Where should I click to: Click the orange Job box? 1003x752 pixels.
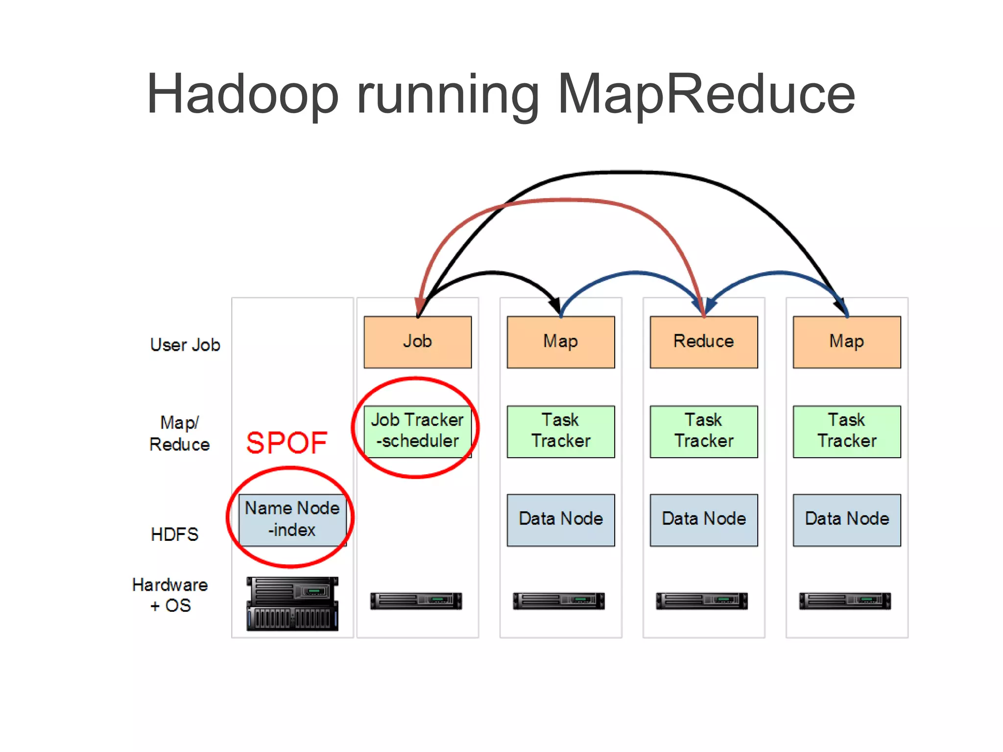(x=417, y=342)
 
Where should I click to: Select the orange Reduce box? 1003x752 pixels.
(x=703, y=342)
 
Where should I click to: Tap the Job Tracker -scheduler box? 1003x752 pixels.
(x=417, y=431)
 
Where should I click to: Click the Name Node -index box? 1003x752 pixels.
(x=292, y=520)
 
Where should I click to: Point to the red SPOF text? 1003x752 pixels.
(x=287, y=443)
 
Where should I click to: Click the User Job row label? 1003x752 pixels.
(x=185, y=345)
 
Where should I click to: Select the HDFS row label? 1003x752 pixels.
(x=174, y=534)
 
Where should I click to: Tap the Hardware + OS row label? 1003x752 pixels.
(x=170, y=595)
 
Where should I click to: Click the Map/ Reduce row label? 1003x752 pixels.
(x=179, y=434)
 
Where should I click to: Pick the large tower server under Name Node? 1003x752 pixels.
(x=292, y=604)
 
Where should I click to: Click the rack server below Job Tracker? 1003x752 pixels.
(x=416, y=601)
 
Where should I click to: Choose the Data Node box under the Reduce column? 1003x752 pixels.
(x=703, y=520)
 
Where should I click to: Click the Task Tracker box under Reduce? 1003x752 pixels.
(x=703, y=431)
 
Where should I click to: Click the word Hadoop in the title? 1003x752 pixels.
(x=242, y=94)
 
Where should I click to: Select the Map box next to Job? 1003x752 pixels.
(x=560, y=342)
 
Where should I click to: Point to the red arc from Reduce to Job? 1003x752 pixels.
(x=563, y=200)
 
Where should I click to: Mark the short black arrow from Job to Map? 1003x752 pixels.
(x=495, y=272)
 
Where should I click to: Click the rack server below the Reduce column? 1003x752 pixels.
(x=702, y=601)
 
